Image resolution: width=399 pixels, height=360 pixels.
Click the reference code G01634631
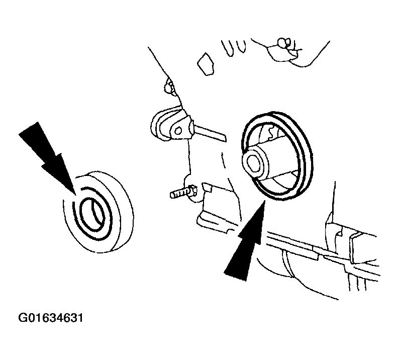point(51,318)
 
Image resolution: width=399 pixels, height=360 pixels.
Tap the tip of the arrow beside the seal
point(76,195)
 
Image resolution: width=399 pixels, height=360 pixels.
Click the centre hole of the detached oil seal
point(94,214)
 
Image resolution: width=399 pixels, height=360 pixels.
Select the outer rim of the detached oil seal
point(98,212)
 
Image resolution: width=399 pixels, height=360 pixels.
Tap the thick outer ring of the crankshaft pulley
point(277,155)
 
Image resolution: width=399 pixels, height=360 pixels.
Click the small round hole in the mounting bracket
point(178,131)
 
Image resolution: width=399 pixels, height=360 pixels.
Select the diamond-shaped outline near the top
point(206,64)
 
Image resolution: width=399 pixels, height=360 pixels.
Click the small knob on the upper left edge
point(168,87)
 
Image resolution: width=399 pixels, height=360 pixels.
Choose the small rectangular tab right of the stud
point(207,187)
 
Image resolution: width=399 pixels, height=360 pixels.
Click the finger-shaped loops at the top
point(233,48)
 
